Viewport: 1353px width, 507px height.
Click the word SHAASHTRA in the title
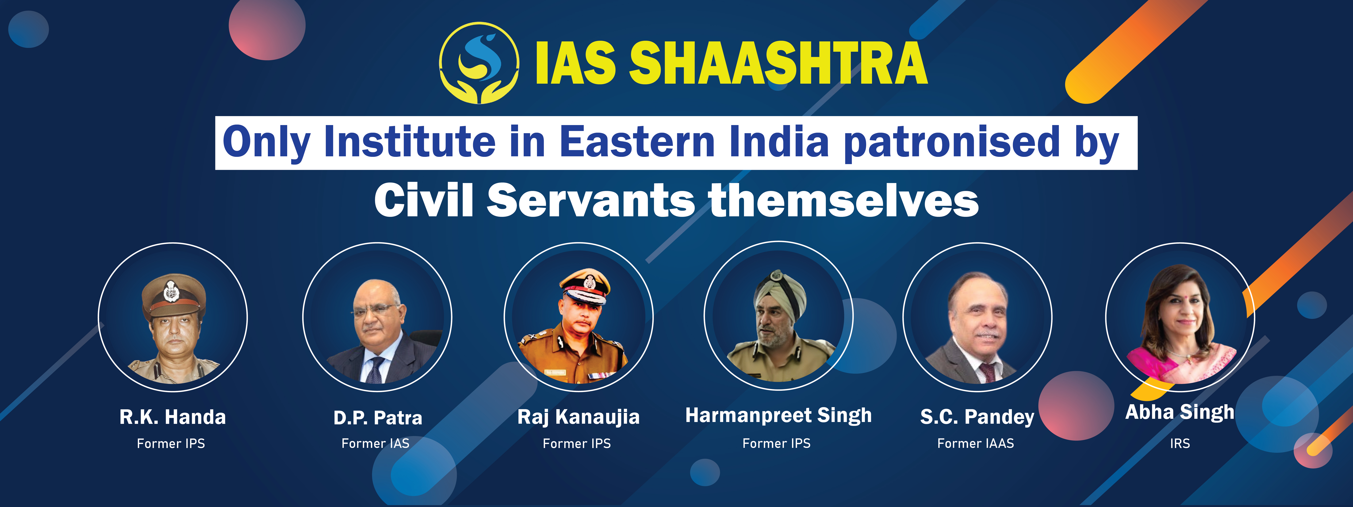tap(778, 63)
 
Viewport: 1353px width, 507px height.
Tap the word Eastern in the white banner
tap(637, 142)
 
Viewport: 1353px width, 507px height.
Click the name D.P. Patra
tap(378, 418)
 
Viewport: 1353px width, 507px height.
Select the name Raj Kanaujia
tap(578, 417)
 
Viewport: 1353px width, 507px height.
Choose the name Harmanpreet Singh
tap(778, 416)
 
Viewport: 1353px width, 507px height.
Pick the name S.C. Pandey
tap(977, 417)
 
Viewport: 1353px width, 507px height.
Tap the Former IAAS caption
tap(975, 443)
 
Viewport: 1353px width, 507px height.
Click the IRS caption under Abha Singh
tap(1180, 443)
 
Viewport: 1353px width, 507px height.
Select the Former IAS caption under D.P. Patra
tap(375, 443)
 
